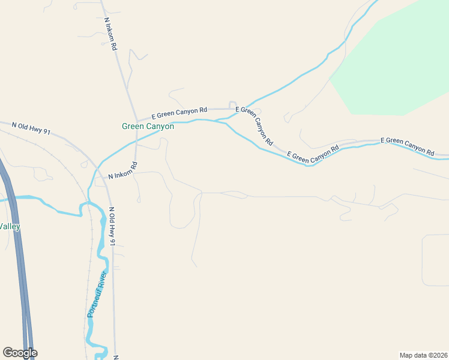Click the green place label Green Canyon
148,127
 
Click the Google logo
20,353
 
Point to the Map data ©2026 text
423,355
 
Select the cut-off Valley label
10,226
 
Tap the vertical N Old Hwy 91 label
112,226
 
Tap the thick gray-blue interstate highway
18,252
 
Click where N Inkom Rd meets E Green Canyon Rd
136,118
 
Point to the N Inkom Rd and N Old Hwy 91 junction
106,179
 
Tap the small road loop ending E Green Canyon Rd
232,104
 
